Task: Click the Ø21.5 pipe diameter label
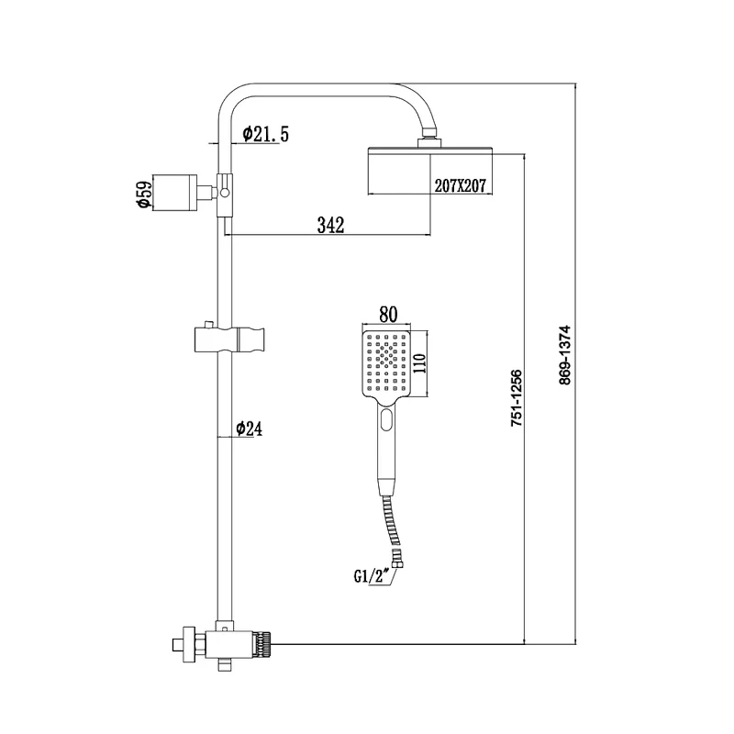pos(265,134)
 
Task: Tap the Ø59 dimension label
pos(145,194)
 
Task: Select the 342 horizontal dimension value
pos(330,225)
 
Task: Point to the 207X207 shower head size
pos(461,186)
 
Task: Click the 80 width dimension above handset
pos(388,315)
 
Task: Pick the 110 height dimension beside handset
pos(419,363)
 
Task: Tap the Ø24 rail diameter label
pos(249,428)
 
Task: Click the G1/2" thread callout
pos(373,577)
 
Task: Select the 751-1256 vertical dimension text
pos(516,398)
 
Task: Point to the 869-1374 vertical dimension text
pos(565,355)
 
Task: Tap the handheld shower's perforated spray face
pos(386,362)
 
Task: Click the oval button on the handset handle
pos(386,419)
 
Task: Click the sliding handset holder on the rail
pos(230,339)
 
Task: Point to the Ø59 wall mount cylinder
pos(175,193)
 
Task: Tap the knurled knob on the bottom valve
pos(264,645)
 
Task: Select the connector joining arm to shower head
pos(428,142)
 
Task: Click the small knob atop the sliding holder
pos(207,324)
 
